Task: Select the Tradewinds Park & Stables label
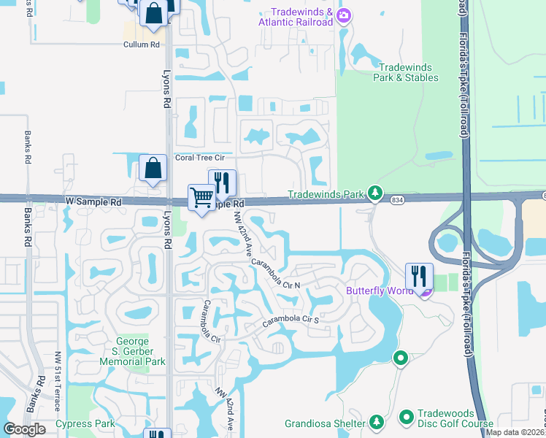[x=406, y=72]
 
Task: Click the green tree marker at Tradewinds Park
[x=375, y=193]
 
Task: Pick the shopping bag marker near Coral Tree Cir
[x=153, y=168]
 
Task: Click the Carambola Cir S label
[x=291, y=320]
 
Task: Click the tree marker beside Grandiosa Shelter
[x=376, y=422]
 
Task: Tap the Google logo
[x=24, y=429]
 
